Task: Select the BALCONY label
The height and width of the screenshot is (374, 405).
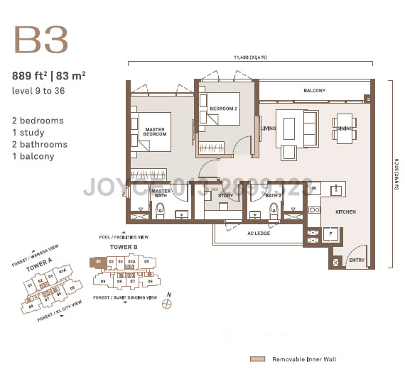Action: (x=314, y=91)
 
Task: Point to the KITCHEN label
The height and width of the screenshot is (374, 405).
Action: (x=345, y=212)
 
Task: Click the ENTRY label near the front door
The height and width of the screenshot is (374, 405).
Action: (x=355, y=261)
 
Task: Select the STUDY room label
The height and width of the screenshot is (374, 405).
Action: (x=226, y=196)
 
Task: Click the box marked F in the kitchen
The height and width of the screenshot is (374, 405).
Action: (x=330, y=233)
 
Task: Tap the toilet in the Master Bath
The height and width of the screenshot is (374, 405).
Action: (x=161, y=211)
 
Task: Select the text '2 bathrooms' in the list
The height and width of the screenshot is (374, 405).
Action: (x=40, y=145)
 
